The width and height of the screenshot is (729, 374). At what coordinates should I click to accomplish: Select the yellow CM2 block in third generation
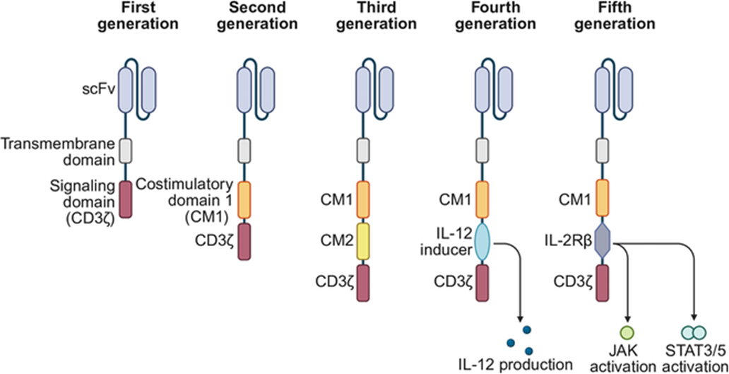363,240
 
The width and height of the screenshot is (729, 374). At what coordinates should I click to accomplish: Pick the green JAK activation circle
627,332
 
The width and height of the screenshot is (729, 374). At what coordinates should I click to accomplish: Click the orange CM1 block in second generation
244,200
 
